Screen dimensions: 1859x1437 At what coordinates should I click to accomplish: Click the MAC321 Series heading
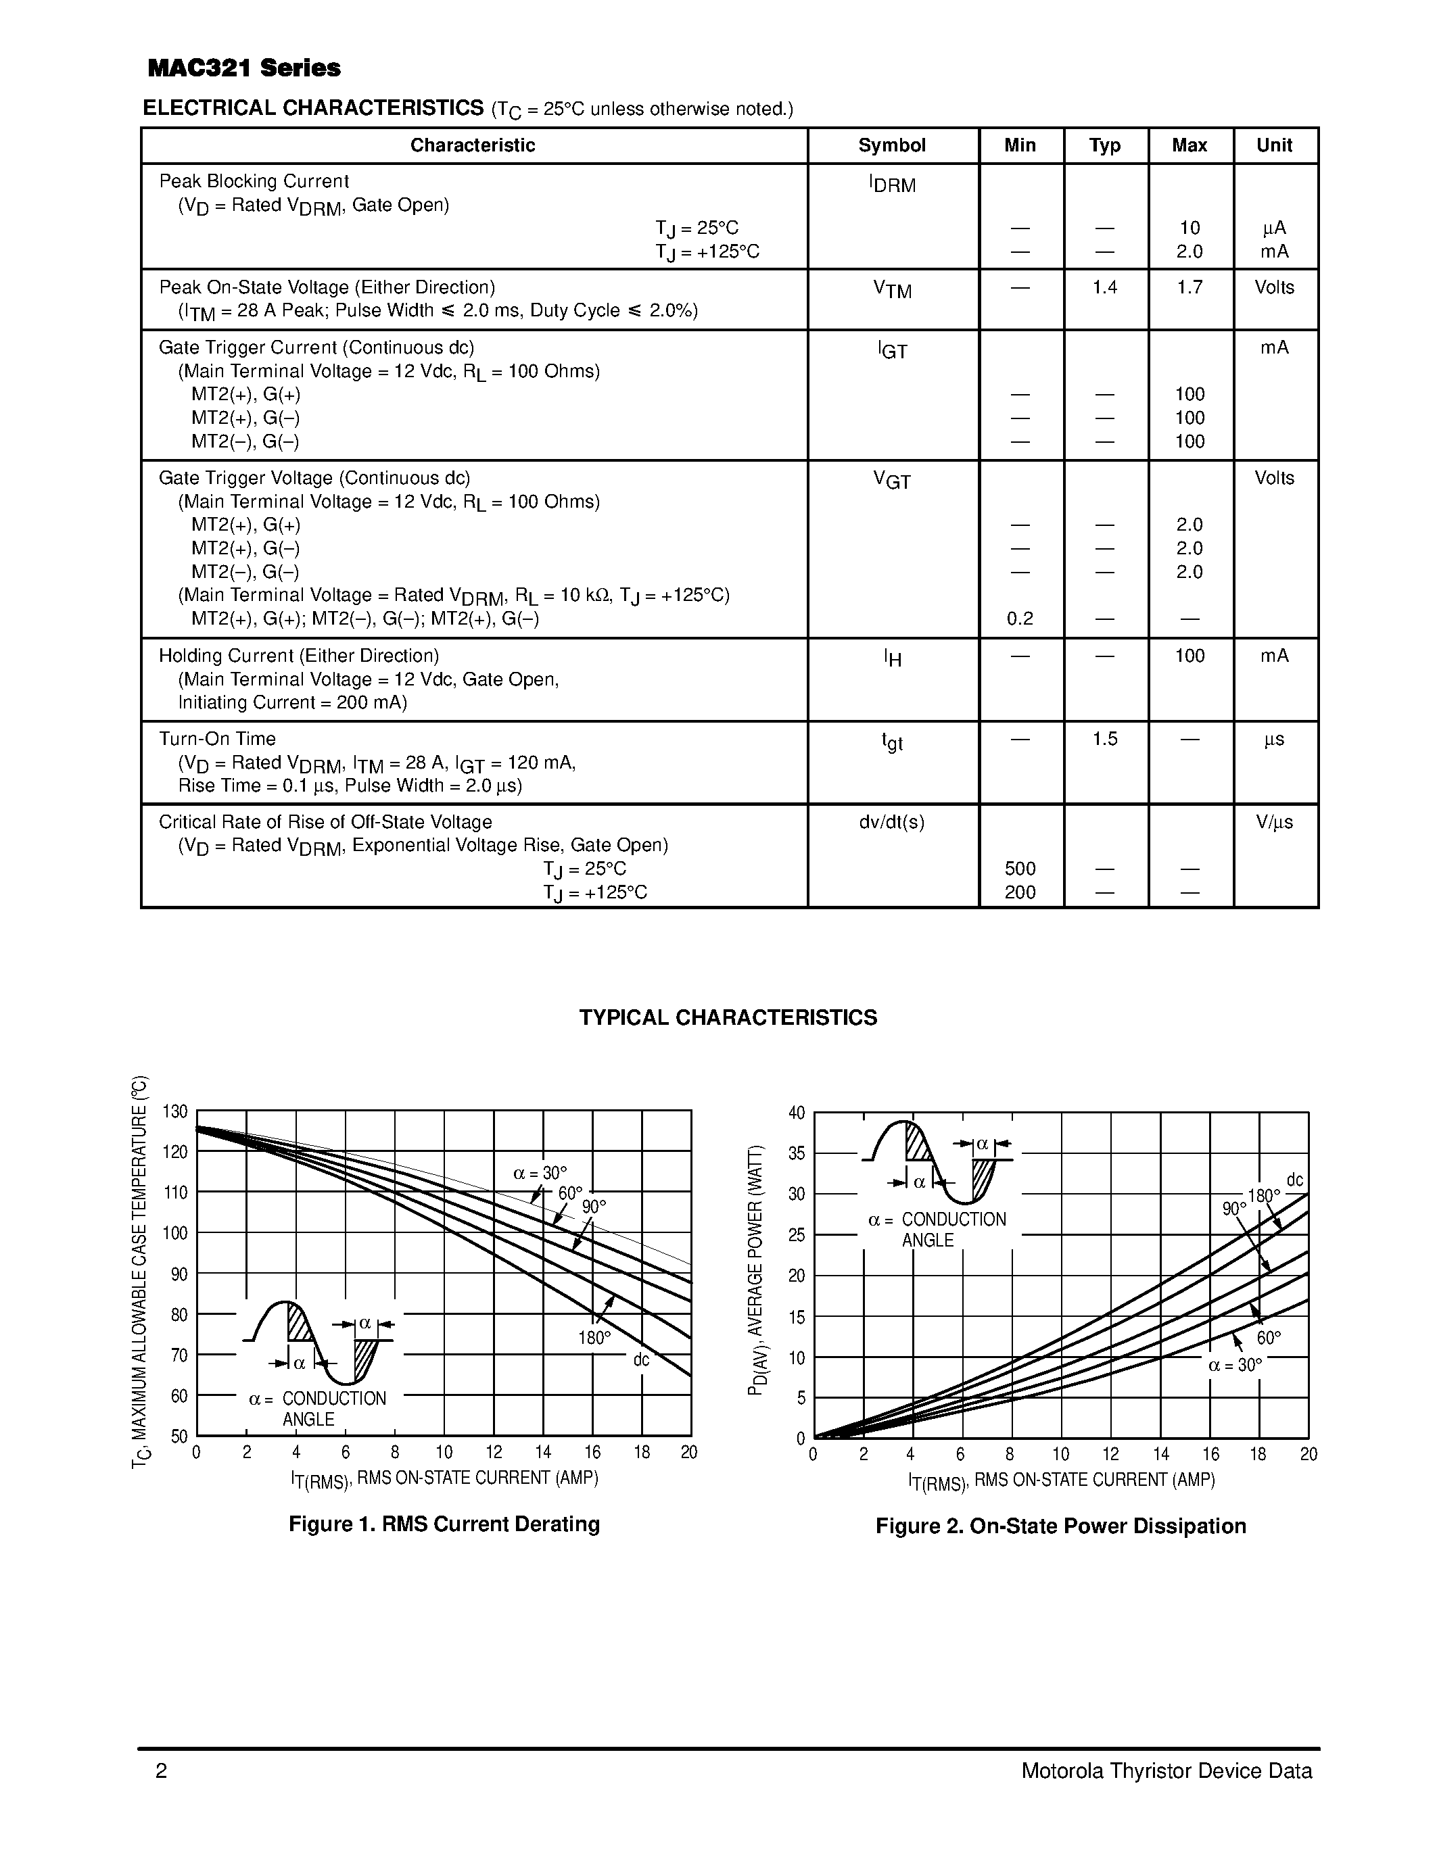click(x=243, y=68)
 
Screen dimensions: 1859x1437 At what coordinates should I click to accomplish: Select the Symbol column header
click(x=891, y=145)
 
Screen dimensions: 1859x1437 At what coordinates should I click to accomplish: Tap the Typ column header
click(x=1104, y=145)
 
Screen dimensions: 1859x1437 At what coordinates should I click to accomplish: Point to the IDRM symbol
click(x=891, y=184)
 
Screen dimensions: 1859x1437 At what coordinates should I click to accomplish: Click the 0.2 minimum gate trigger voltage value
click(x=1019, y=619)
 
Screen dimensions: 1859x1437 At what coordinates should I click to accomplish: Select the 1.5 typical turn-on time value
click(x=1104, y=739)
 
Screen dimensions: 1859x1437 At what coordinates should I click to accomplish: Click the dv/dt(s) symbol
click(x=891, y=822)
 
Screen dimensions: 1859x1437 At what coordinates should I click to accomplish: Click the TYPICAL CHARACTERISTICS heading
click(x=728, y=1018)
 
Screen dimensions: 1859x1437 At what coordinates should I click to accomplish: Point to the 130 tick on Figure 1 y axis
click(x=174, y=1111)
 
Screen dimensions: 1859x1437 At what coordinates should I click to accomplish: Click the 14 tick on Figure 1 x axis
click(x=542, y=1452)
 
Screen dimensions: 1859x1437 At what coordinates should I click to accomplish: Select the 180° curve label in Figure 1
click(x=594, y=1338)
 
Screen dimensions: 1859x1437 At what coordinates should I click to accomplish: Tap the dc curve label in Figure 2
click(x=1294, y=1180)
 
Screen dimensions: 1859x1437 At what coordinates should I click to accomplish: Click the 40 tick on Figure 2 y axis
click(x=796, y=1113)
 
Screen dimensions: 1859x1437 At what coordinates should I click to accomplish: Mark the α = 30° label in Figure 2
click(x=1234, y=1366)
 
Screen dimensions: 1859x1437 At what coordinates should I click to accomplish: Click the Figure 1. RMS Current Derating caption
click(x=444, y=1524)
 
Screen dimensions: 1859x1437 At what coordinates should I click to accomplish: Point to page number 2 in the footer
click(x=161, y=1771)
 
